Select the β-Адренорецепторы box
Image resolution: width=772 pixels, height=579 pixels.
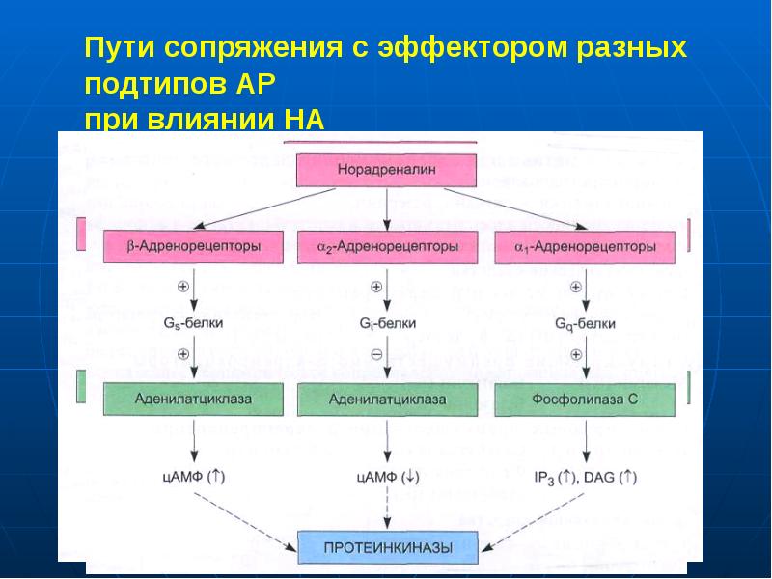click(194, 247)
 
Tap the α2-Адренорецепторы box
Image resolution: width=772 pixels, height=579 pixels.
click(386, 247)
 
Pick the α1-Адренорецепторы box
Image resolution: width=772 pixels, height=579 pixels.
click(585, 247)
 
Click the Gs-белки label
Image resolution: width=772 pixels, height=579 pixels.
click(195, 324)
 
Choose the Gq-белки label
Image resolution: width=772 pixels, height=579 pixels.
click(585, 324)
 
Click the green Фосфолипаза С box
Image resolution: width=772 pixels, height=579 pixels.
click(585, 398)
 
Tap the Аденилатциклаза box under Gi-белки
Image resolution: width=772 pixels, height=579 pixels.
click(386, 398)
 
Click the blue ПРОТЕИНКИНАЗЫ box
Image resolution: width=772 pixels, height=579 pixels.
click(386, 546)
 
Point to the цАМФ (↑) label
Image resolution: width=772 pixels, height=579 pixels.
click(195, 476)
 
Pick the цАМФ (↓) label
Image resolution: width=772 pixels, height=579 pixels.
click(387, 476)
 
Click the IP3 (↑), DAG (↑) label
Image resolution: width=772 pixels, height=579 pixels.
click(585, 476)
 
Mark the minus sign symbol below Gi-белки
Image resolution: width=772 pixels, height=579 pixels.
click(376, 355)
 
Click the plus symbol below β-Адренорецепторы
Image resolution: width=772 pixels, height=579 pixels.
click(184, 288)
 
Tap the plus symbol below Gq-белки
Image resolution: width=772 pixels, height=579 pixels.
click(576, 355)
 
